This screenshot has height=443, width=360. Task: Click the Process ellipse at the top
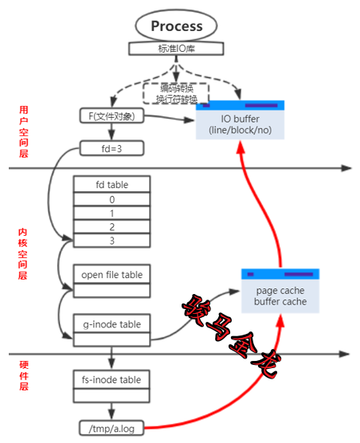178,25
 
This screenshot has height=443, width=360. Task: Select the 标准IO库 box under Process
178,49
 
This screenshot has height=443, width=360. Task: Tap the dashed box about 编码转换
178,92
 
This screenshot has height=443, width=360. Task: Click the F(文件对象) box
112,116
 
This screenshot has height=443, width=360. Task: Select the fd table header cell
112,185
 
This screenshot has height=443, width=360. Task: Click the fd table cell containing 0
112,199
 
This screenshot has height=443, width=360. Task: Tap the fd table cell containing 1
112,214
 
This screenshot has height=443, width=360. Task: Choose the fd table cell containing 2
112,227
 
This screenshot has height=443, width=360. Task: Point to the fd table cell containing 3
112,241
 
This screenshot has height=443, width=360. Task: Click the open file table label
112,275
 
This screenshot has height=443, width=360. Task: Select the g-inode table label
112,324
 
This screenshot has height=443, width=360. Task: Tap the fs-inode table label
112,379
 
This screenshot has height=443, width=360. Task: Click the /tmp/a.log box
112,427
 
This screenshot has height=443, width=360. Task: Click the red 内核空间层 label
23,253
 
